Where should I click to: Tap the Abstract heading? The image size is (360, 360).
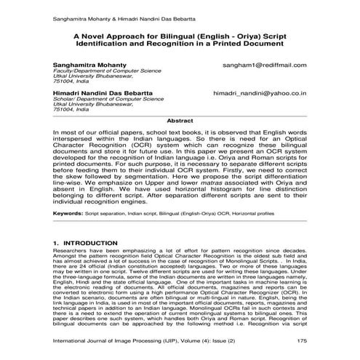point(180,120)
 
